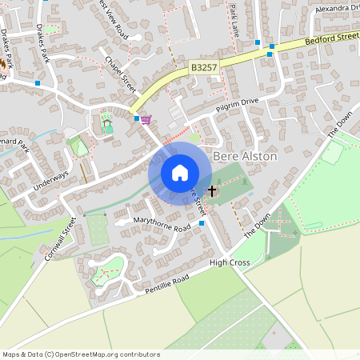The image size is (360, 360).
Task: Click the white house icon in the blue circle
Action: pos(180,173)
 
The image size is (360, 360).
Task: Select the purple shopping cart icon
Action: pos(146,120)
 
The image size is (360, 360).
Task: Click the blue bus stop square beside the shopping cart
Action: pos(137,118)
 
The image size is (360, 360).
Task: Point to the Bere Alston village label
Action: pos(245,156)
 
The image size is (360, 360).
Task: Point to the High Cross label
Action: pos(230,262)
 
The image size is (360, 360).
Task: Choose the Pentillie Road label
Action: pos(167,282)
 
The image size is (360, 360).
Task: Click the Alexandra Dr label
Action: pos(337,7)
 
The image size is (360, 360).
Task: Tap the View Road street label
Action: pos(112,18)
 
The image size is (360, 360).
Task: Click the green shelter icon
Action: pos(107,126)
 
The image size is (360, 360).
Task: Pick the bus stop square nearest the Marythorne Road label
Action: pos(202,223)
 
